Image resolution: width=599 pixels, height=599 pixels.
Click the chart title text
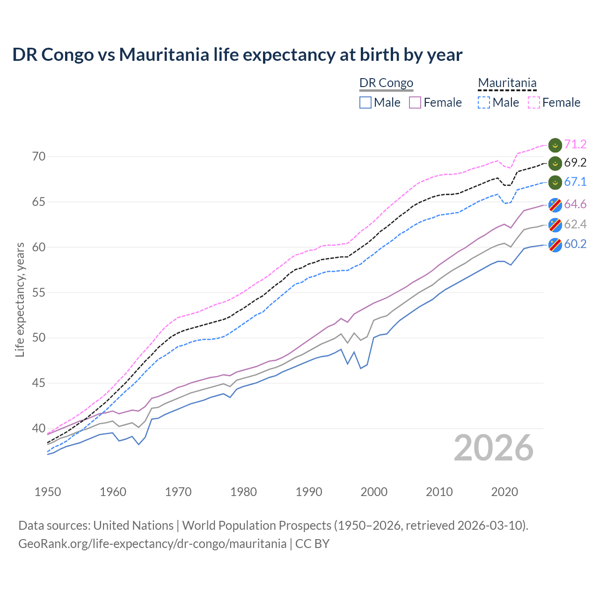(237, 55)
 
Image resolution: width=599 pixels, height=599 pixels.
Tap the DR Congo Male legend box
(365, 102)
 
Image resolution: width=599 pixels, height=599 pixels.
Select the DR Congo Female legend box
(415, 102)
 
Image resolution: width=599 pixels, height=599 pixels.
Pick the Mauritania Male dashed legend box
(484, 102)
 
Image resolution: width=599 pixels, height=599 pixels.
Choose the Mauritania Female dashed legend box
(534, 102)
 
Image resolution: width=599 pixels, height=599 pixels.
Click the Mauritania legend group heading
(507, 83)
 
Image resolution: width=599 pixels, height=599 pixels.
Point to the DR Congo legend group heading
(386, 83)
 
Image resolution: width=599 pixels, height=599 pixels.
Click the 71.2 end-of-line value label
(575, 144)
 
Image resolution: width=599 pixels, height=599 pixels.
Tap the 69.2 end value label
(575, 163)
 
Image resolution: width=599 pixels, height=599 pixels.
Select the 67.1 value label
(575, 182)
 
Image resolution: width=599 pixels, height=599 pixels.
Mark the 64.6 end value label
(575, 205)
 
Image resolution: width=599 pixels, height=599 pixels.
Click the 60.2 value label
(575, 244)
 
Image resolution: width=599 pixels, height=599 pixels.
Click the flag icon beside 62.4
(555, 225)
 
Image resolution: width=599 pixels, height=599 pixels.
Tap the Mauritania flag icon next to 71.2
(555, 145)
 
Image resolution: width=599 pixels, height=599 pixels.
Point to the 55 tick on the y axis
(39, 293)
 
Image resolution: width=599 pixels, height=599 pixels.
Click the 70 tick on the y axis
(39, 157)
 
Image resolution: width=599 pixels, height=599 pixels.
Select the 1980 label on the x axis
(243, 492)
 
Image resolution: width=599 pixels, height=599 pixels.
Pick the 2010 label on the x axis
(439, 492)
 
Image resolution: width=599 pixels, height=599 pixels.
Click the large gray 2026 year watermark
(494, 448)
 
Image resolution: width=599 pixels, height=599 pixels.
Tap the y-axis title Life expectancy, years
(20, 299)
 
